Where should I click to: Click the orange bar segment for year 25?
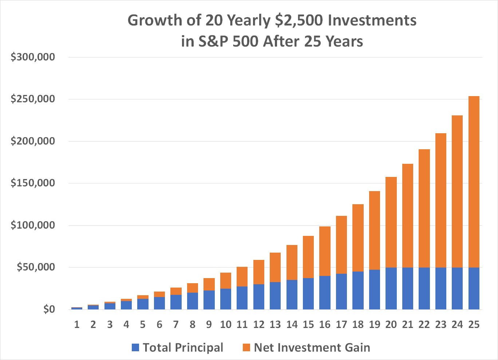(x=474, y=182)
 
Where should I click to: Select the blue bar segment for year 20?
(x=391, y=288)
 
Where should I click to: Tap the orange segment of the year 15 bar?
(x=308, y=257)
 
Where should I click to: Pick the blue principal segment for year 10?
(x=226, y=299)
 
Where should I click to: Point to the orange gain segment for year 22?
(x=424, y=208)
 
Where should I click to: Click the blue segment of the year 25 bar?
(x=474, y=288)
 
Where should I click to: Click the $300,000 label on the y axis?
(x=33, y=57)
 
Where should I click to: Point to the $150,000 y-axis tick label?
(x=33, y=183)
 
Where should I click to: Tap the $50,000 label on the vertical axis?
(x=36, y=267)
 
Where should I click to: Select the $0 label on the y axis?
(x=49, y=309)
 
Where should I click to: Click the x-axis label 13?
(x=275, y=324)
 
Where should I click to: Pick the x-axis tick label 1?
(x=77, y=324)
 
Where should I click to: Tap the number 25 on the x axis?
(x=474, y=324)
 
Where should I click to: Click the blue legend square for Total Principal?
(x=135, y=348)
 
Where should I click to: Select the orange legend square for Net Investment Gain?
(x=246, y=348)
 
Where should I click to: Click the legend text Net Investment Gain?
(x=312, y=348)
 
